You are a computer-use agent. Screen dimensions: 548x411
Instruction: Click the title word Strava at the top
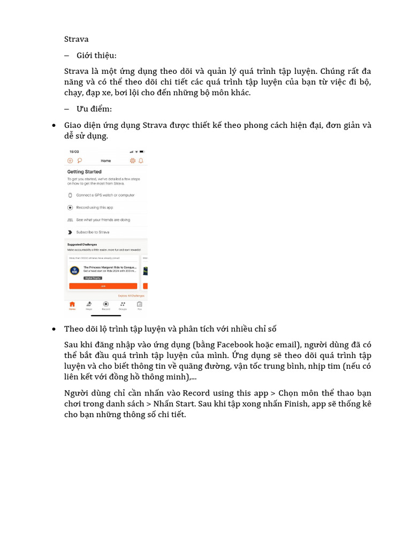76,39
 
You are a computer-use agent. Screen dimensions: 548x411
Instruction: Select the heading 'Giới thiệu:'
96,55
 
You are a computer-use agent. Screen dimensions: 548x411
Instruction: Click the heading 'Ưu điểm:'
94,109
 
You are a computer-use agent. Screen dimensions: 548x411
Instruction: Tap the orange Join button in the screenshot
103,286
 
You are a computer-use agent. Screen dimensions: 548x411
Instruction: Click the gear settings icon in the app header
132,161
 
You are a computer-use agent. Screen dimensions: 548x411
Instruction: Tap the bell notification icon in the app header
141,161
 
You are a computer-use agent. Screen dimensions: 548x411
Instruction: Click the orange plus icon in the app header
70,161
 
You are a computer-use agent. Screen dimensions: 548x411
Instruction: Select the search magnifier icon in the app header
79,161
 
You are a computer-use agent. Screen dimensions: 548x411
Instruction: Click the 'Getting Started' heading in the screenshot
84,172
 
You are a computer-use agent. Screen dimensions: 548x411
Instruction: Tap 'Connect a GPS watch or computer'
105,195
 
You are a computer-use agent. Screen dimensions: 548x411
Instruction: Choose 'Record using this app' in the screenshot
94,208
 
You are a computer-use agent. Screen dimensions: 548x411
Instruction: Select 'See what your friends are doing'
103,220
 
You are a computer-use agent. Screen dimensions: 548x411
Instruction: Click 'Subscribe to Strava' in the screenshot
93,232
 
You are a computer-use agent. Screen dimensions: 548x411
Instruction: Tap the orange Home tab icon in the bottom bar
72,305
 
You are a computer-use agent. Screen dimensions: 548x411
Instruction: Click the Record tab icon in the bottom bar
105,305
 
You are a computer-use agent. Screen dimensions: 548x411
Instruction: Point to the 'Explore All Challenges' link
131,295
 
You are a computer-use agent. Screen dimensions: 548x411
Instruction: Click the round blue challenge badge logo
74,270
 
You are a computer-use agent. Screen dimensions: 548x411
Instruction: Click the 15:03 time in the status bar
74,152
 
